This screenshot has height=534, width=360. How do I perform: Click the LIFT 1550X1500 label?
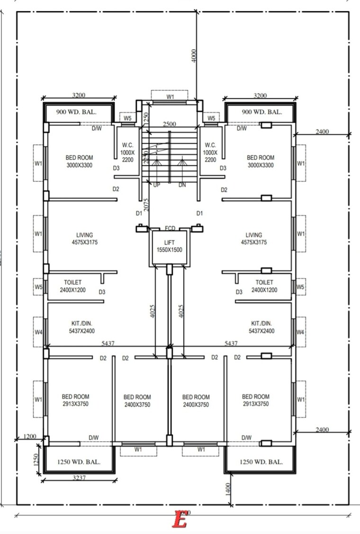click(170, 246)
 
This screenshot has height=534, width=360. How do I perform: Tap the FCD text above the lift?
click(170, 228)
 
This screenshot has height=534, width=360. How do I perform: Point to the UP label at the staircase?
click(156, 185)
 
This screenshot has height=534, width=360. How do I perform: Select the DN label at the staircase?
click(182, 185)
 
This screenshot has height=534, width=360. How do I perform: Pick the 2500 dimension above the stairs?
click(170, 124)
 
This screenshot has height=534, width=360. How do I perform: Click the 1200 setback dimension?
click(30, 436)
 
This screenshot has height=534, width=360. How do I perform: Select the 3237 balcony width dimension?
click(79, 477)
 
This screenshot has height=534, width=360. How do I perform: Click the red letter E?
click(180, 519)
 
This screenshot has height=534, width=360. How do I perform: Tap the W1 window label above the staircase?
click(170, 97)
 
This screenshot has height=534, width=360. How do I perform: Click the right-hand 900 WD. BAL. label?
click(261, 112)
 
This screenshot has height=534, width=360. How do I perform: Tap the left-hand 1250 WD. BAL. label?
click(79, 462)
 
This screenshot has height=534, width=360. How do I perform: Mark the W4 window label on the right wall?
click(300, 331)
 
